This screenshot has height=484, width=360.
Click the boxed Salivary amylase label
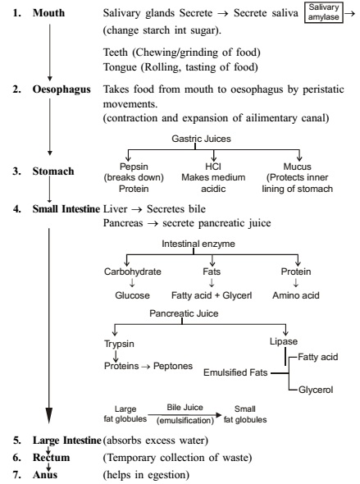pyautogui.click(x=324, y=12)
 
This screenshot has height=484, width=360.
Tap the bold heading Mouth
pyautogui.click(x=48, y=13)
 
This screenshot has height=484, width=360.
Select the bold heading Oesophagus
pyautogui.click(x=62, y=89)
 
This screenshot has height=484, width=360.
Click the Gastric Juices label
pyautogui.click(x=201, y=139)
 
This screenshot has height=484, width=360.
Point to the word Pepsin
pyautogui.click(x=134, y=167)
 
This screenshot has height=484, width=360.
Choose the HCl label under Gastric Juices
pyautogui.click(x=213, y=167)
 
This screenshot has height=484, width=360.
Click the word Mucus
pyautogui.click(x=298, y=167)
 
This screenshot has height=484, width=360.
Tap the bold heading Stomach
pyautogui.click(x=53, y=171)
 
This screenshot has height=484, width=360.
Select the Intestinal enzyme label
pyautogui.click(x=198, y=244)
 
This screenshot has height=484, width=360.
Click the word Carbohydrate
pyautogui.click(x=133, y=272)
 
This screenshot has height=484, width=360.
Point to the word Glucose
pyautogui.click(x=132, y=295)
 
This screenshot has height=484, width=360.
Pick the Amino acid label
pyautogui.click(x=296, y=295)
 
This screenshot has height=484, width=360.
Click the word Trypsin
pyautogui.click(x=119, y=344)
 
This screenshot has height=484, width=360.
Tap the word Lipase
pyautogui.click(x=284, y=341)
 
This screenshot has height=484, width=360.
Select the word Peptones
pyautogui.click(x=173, y=366)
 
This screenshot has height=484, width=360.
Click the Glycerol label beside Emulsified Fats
pyautogui.click(x=316, y=390)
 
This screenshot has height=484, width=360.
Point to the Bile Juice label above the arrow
pyautogui.click(x=185, y=408)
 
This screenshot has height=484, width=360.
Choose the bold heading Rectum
pyautogui.click(x=51, y=458)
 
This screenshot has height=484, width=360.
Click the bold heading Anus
pyautogui.click(x=45, y=475)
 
